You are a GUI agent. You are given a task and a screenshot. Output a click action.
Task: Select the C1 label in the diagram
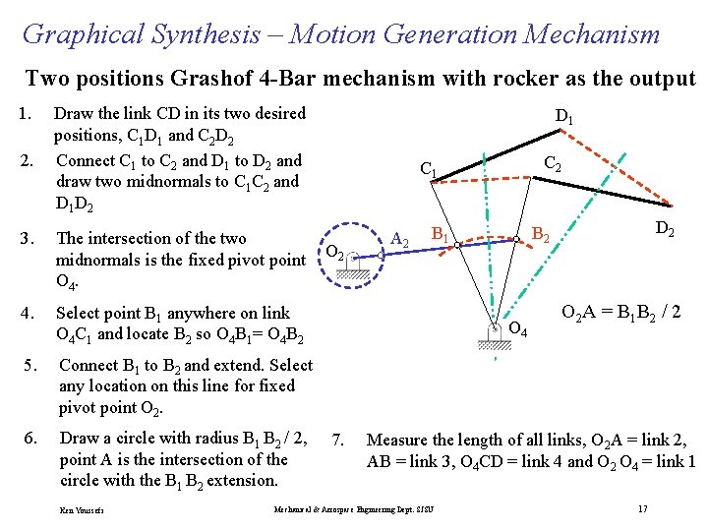coord(429,170)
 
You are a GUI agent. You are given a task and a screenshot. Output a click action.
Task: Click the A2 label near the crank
coord(400,238)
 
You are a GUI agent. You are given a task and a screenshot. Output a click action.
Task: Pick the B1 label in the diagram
coord(442,235)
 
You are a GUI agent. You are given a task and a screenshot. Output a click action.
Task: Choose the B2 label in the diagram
coord(541,234)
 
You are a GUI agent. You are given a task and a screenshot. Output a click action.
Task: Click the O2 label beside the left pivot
coord(335,251)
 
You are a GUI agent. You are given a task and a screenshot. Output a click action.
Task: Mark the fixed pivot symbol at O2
coord(351,264)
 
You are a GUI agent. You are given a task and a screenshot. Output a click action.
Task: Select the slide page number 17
coord(641,508)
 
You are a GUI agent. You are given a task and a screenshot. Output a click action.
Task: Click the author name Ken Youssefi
coord(82,510)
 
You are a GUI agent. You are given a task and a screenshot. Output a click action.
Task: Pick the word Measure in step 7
coord(396,440)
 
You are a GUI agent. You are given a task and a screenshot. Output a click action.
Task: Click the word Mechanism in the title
coord(592,35)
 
